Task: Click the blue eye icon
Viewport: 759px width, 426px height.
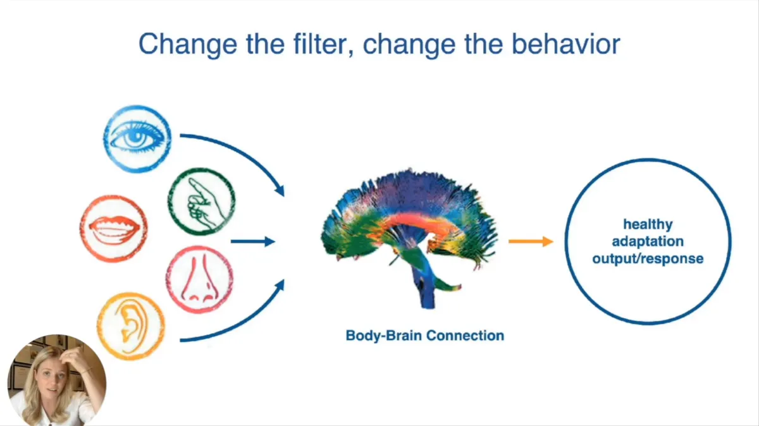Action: (x=137, y=139)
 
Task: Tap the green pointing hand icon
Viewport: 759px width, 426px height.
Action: (x=202, y=201)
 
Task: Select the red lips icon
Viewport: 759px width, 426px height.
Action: (x=114, y=229)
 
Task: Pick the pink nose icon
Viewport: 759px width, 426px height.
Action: (x=200, y=279)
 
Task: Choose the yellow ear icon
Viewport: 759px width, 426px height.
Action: (x=131, y=326)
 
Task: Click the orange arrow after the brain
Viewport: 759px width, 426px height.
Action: (x=531, y=241)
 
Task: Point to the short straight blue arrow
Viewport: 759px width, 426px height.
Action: (x=253, y=241)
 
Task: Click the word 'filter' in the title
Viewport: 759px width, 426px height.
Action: (x=324, y=44)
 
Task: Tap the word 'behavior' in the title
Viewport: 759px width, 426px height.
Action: (x=566, y=44)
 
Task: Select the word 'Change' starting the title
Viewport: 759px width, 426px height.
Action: (x=188, y=45)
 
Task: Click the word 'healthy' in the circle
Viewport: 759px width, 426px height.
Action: (x=648, y=224)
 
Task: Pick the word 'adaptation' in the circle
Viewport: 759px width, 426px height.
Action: (x=648, y=242)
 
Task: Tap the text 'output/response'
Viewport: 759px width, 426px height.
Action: (x=648, y=259)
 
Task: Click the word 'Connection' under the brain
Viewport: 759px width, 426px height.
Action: (x=465, y=336)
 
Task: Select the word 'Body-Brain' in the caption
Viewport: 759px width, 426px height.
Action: (x=385, y=336)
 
